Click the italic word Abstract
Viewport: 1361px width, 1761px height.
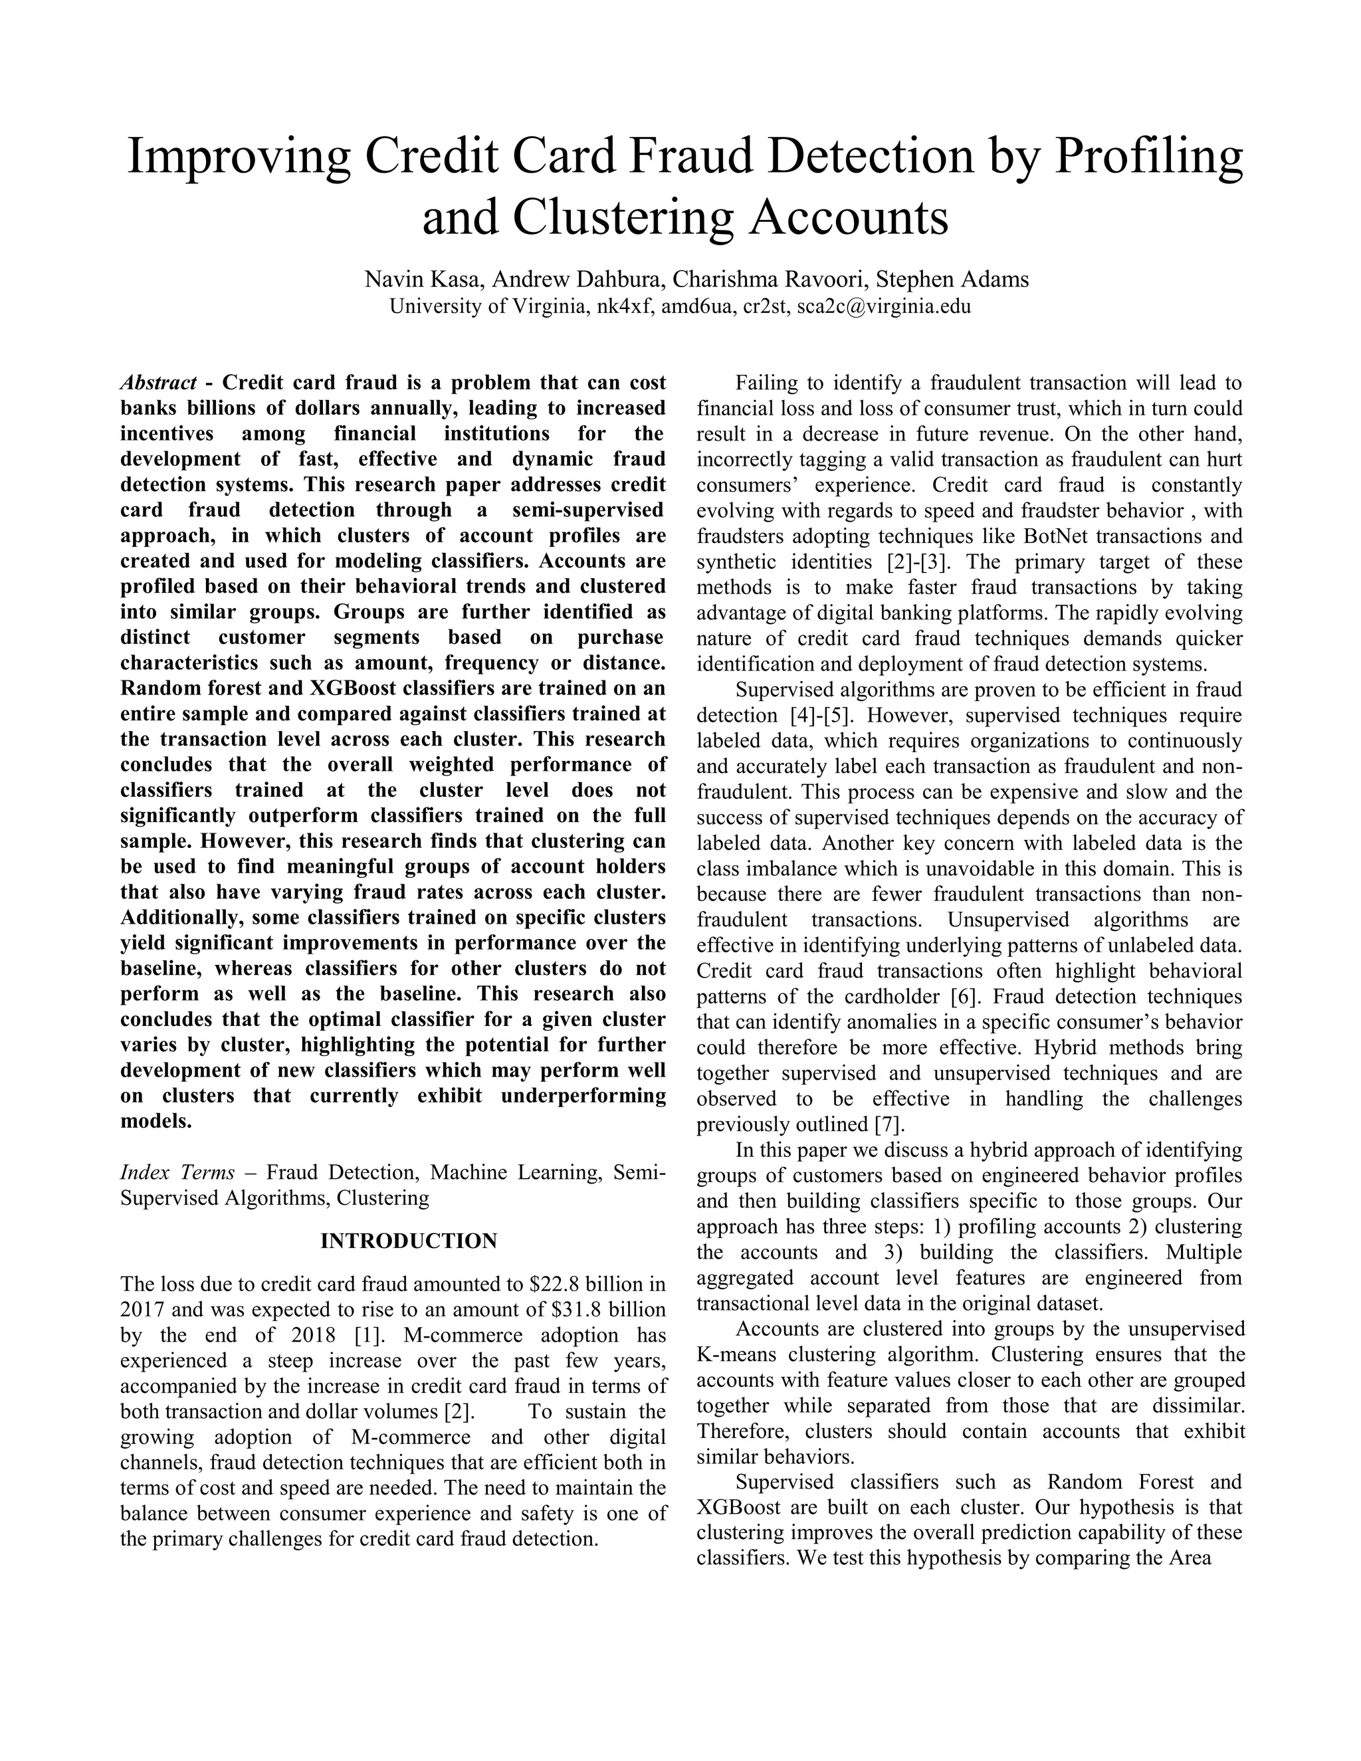pos(158,382)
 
